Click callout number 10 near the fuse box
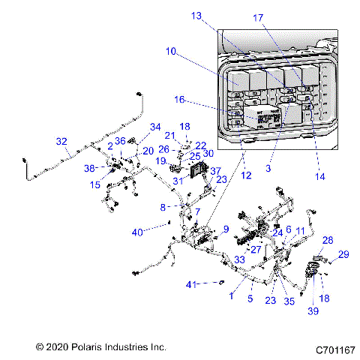171,52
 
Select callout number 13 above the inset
196,16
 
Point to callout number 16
179,98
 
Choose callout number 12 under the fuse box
245,175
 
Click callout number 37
215,171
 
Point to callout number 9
225,229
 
